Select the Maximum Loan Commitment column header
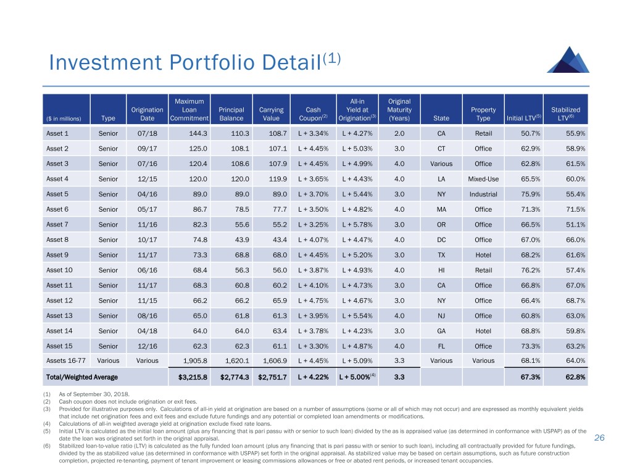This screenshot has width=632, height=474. pos(189,110)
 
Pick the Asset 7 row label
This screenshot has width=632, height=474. pos(58,223)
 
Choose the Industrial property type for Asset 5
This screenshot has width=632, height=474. pos(483,193)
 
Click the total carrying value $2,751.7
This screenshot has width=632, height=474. pos(272,376)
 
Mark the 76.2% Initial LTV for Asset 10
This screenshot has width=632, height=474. pos(524,269)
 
